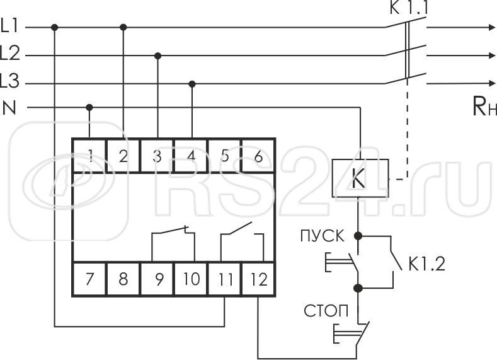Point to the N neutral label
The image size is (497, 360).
tap(9, 108)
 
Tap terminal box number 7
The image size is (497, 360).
tap(89, 278)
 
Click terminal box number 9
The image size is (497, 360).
tap(157, 278)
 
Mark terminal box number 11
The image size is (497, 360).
tap(225, 278)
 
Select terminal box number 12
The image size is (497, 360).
tap(258, 278)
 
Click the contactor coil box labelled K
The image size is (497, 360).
tap(357, 180)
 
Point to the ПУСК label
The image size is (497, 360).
tap(323, 237)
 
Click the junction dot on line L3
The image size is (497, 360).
tap(191, 83)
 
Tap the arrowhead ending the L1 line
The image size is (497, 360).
tap(491, 27)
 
